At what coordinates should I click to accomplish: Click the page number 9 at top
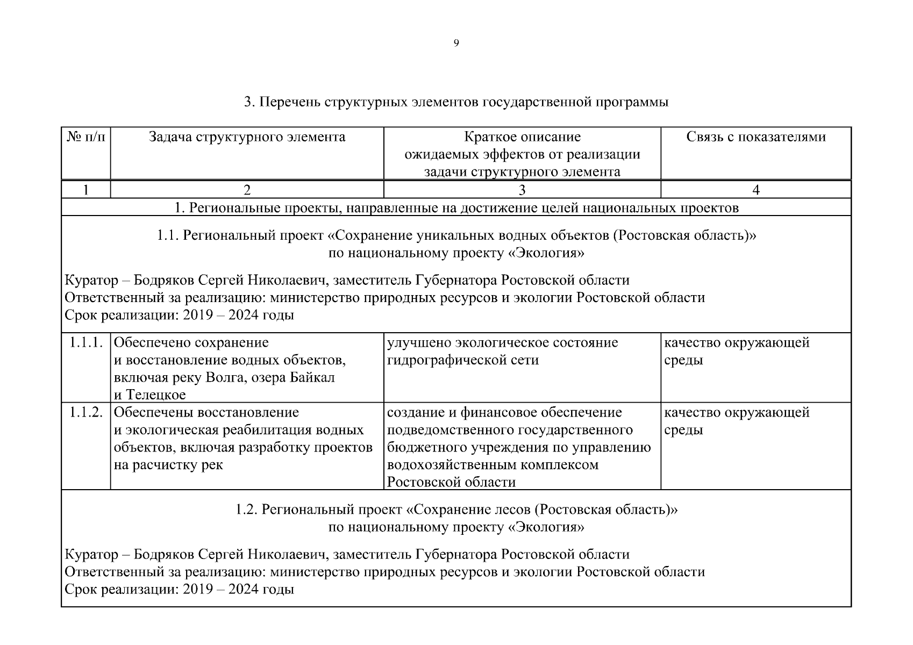[x=456, y=44]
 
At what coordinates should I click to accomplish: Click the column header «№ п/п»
[x=86, y=137]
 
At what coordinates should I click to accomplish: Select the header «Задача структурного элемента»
[x=247, y=137]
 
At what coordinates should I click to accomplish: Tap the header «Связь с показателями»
[x=755, y=137]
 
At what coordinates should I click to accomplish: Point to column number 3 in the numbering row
[x=522, y=190]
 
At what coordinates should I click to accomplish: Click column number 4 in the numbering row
[x=755, y=190]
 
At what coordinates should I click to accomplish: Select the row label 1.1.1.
[x=86, y=343]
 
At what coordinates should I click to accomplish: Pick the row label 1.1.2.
[x=86, y=413]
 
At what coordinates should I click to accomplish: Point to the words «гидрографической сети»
[x=462, y=360]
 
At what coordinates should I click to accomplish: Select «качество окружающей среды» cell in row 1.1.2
[x=737, y=421]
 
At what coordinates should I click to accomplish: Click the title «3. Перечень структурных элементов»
[x=456, y=102]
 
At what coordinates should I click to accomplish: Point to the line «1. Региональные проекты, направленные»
[x=456, y=207]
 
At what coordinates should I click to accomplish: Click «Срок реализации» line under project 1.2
[x=179, y=589]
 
